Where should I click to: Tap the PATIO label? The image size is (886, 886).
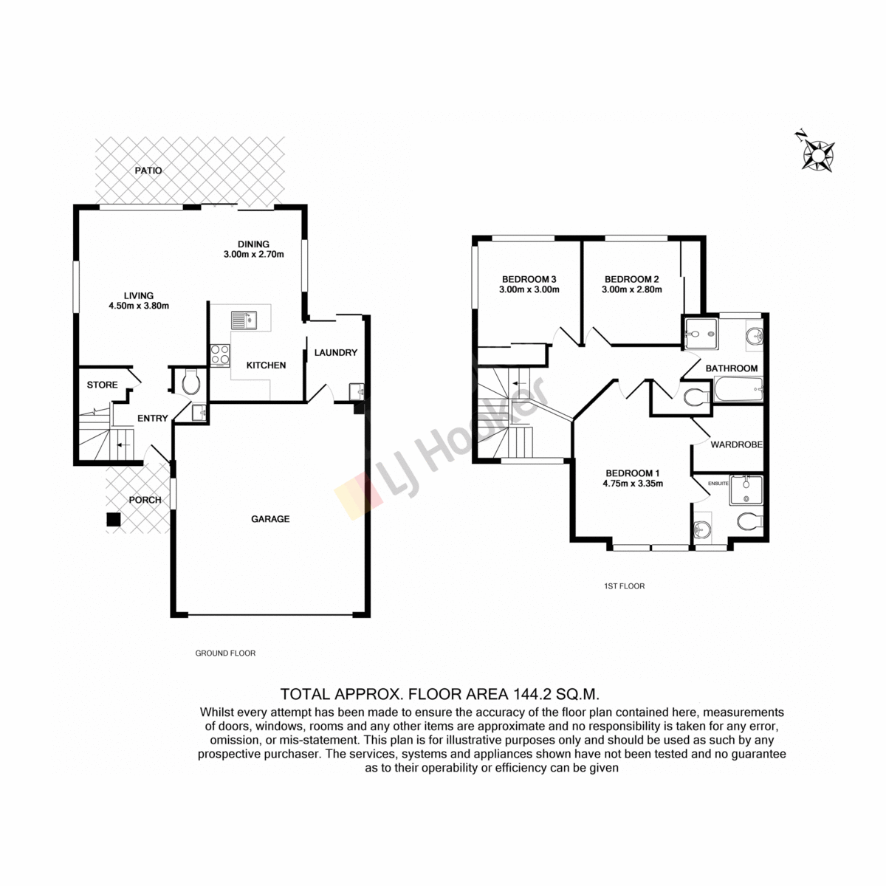148,171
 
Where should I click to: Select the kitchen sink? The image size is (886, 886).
244,320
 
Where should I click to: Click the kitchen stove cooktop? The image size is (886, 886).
220,355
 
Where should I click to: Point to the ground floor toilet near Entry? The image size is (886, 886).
190,382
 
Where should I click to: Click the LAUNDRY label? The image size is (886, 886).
336,353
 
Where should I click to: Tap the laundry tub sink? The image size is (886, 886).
357,392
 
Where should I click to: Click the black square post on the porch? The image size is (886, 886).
114,520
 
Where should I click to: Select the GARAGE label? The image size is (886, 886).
270,519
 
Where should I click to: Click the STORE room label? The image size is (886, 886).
102,385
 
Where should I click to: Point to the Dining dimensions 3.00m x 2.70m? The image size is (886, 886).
254,254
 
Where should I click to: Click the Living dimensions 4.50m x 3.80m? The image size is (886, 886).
139,306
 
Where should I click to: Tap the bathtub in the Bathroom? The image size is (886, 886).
738,390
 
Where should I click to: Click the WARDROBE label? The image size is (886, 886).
737,444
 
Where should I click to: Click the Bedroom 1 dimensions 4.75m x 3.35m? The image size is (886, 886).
633,483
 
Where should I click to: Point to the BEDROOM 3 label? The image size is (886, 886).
529,279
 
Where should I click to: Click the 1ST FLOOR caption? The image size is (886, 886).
625,586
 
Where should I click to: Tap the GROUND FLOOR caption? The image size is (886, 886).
225,653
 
